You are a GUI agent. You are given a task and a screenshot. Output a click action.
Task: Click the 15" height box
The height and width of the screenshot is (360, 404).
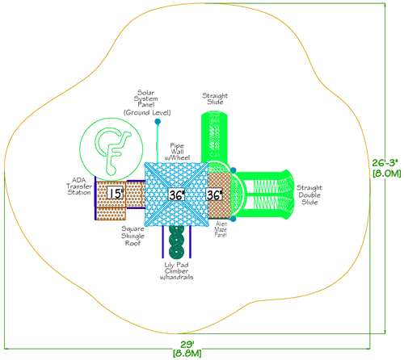coord(115,194)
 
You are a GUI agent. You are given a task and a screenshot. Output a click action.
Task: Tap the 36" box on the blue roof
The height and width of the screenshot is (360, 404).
coord(176,195)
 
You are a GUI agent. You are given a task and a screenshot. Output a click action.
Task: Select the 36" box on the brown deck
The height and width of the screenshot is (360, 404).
coord(213,195)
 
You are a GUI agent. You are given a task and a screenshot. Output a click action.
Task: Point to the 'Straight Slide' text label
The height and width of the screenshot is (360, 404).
coord(215,98)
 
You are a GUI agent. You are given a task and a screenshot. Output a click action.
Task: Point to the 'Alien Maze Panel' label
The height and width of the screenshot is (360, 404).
coord(221,229)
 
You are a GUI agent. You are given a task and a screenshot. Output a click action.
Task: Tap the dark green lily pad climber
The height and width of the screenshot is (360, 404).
coord(176,241)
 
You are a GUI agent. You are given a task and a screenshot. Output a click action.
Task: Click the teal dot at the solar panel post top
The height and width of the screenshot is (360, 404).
coord(158,121)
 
